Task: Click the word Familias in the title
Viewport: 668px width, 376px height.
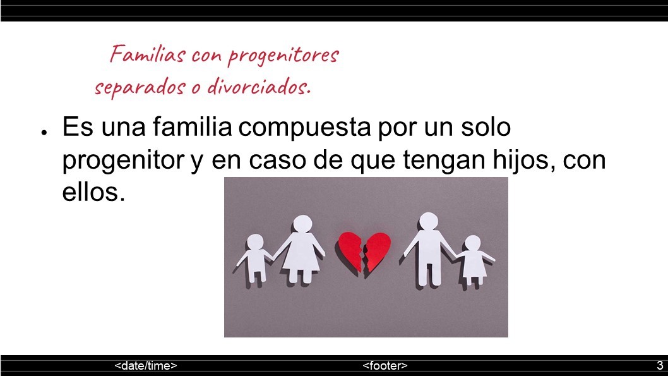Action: [x=148, y=54]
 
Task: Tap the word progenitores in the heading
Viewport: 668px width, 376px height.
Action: [x=283, y=56]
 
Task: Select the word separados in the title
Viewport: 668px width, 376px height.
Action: [x=140, y=87]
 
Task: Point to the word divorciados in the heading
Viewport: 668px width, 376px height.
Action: [x=258, y=86]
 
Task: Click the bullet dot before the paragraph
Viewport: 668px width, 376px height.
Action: [x=44, y=133]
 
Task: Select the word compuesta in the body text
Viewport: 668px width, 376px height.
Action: [x=304, y=128]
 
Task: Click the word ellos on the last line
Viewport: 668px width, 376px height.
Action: [x=93, y=192]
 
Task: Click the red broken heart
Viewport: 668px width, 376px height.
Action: [x=365, y=252]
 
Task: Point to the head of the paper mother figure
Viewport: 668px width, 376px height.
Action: [x=302, y=224]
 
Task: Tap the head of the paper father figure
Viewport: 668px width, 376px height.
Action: [x=429, y=221]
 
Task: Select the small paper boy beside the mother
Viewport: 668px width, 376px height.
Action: [x=255, y=257]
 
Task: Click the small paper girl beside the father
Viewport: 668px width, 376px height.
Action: [x=473, y=260]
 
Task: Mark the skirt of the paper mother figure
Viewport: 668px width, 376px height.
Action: [x=302, y=256]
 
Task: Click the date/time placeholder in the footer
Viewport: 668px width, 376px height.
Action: [x=146, y=366]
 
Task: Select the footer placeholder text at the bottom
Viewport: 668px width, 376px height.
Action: [x=385, y=366]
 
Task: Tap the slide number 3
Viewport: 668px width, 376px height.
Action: [x=660, y=365]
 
